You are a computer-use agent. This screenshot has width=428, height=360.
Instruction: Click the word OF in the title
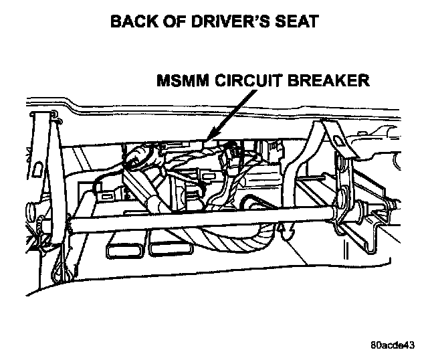pyautogui.click(x=170, y=22)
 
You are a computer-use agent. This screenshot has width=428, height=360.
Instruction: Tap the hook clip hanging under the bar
pyautogui.click(x=288, y=234)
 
